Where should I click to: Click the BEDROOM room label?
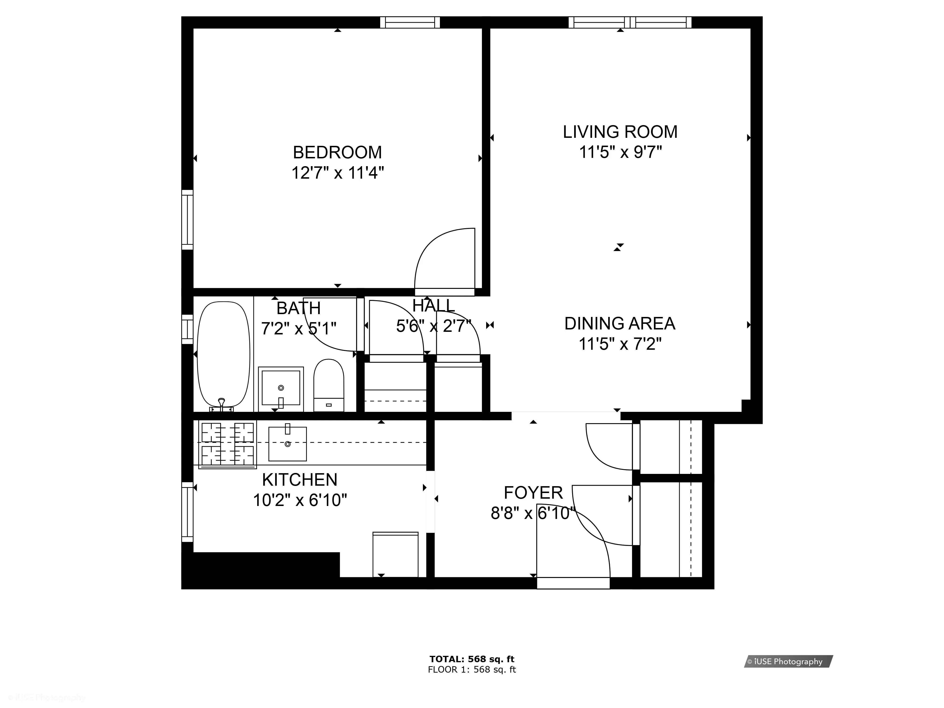pos(337,152)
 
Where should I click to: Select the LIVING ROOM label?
pos(620,132)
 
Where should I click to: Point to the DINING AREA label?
pos(620,324)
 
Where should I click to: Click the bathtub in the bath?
pos(223,354)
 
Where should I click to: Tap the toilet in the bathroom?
pos(329,384)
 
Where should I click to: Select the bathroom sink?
pos(281,388)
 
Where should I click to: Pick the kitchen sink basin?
pos(287,444)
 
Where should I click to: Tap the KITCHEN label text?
pos(299,480)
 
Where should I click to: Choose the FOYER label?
pos(533,493)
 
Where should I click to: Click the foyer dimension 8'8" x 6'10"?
pos(533,513)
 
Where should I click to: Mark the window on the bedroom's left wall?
pos(187,220)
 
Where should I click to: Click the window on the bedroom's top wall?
pos(410,22)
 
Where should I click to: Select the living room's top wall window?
pos(630,22)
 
